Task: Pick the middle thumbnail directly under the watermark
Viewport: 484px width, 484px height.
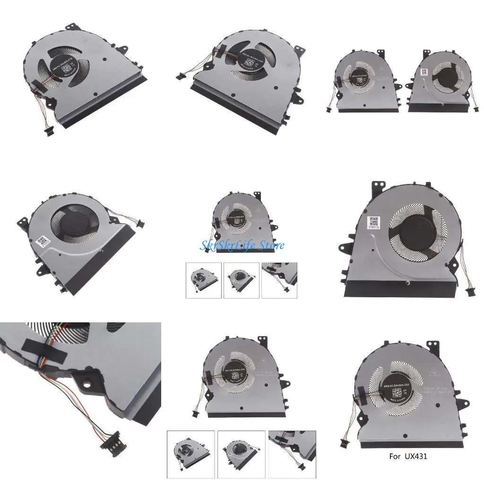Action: (x=242, y=280)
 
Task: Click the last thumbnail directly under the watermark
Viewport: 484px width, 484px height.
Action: (x=279, y=280)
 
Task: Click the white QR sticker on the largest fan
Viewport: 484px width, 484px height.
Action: (x=373, y=223)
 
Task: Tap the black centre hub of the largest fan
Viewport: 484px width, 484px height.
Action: (x=415, y=234)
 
